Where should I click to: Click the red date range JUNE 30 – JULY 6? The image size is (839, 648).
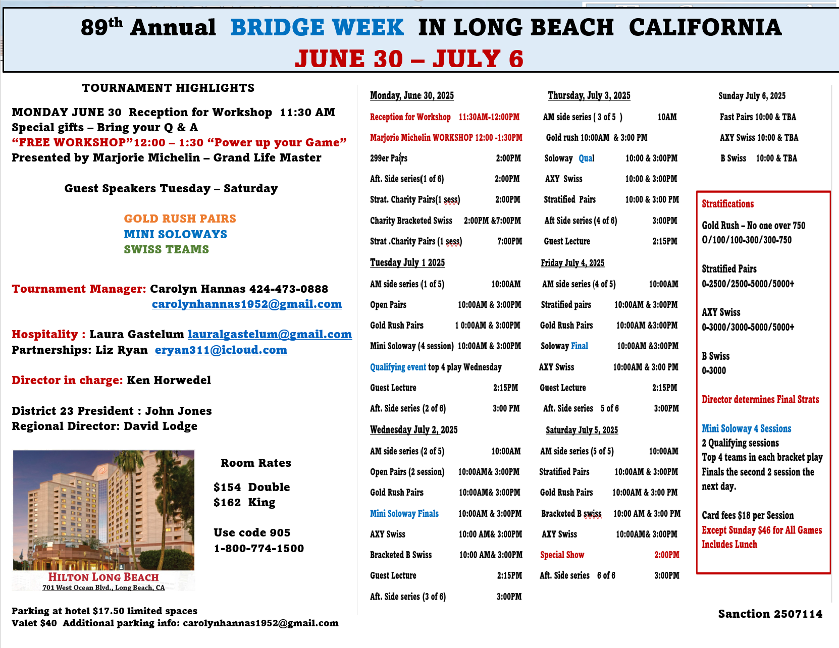[x=409, y=59]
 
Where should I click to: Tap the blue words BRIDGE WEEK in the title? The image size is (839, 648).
[x=317, y=28]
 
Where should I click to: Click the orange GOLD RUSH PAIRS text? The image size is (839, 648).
[x=180, y=219]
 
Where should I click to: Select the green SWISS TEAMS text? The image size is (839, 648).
[x=167, y=249]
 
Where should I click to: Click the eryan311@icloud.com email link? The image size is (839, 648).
[x=221, y=350]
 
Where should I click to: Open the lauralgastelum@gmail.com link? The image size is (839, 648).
[x=270, y=334]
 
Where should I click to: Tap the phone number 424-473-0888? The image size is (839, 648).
[x=289, y=289]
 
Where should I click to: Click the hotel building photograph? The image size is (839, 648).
[x=103, y=510]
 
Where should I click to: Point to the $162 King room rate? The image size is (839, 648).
[x=244, y=502]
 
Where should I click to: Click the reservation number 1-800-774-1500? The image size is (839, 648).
[x=259, y=548]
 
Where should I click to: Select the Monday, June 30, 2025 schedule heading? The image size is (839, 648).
[x=412, y=95]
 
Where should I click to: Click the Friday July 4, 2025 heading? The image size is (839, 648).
[x=572, y=263]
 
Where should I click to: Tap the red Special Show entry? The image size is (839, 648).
[x=562, y=555]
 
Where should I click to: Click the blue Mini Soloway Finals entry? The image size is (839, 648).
[x=404, y=513]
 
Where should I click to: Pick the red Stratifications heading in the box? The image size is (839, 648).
[x=727, y=204]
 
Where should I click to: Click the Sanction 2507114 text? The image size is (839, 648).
[x=770, y=614]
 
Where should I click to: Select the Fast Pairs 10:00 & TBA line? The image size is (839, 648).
[x=758, y=117]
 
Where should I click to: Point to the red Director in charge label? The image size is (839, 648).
[x=67, y=380]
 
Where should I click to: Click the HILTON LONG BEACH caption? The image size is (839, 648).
[x=103, y=577]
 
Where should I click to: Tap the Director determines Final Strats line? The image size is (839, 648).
[x=760, y=399]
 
